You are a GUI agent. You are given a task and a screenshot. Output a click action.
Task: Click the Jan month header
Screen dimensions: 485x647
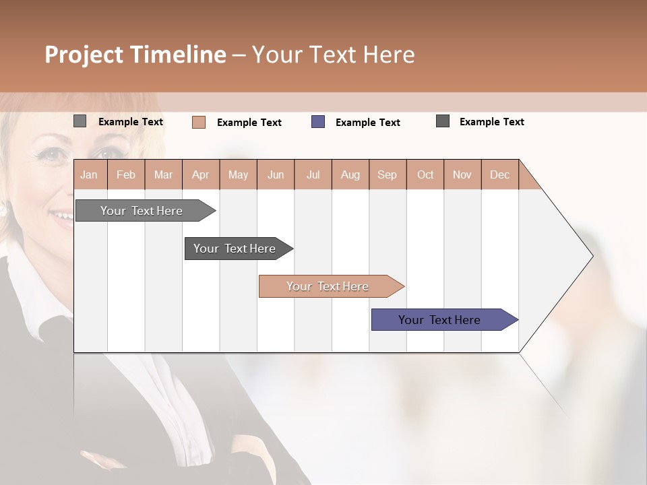pyautogui.click(x=89, y=174)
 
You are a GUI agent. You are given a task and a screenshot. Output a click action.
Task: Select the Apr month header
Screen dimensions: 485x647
pyautogui.click(x=200, y=174)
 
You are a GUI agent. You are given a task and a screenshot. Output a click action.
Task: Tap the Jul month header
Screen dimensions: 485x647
pyautogui.click(x=313, y=174)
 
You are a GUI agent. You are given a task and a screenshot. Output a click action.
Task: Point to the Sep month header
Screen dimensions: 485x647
pyautogui.click(x=387, y=174)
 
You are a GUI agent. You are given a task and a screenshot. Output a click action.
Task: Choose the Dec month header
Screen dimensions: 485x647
pyautogui.click(x=499, y=174)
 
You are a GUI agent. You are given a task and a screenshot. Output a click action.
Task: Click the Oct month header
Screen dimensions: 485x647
pyautogui.click(x=425, y=174)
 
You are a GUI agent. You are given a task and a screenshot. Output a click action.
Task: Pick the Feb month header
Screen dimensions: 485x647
pyautogui.click(x=126, y=174)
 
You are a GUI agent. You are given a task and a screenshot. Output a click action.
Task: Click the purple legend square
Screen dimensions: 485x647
pyautogui.click(x=318, y=122)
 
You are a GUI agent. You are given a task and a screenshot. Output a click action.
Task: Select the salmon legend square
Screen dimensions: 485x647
pyautogui.click(x=199, y=122)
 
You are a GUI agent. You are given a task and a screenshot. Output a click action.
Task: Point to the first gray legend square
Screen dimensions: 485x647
pyautogui.click(x=80, y=121)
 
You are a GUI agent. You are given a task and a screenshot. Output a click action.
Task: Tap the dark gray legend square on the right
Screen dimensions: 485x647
pyautogui.click(x=443, y=121)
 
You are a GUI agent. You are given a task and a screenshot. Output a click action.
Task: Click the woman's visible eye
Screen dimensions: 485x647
pyautogui.click(x=52, y=154)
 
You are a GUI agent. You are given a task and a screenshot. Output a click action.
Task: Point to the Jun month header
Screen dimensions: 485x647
pyautogui.click(x=276, y=174)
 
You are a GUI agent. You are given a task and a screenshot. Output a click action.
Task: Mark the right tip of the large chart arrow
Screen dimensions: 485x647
pyautogui.click(x=592, y=256)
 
